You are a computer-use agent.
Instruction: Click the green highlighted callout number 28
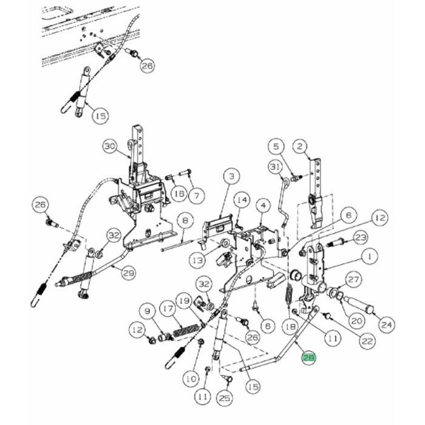click(x=308, y=359)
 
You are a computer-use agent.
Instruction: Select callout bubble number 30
click(x=109, y=146)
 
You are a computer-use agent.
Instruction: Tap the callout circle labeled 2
click(x=299, y=146)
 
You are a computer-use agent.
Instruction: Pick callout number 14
click(x=242, y=199)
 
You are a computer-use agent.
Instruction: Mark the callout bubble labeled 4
click(x=262, y=206)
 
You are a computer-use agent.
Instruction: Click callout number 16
click(x=178, y=193)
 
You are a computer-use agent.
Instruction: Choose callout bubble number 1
click(x=368, y=257)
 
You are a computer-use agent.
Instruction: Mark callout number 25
click(x=225, y=398)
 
